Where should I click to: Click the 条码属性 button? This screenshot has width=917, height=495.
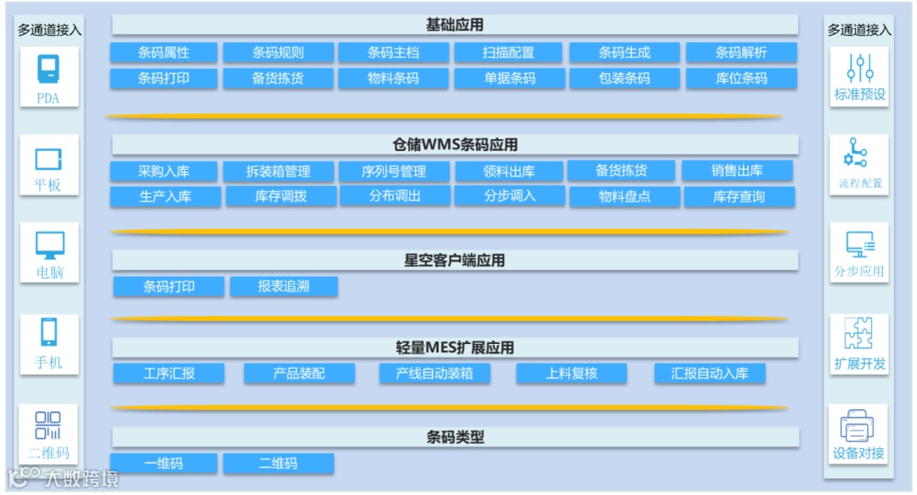pyautogui.click(x=164, y=53)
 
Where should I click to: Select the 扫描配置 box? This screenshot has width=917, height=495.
pyautogui.click(x=509, y=53)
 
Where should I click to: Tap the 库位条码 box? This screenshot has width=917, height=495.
pyautogui.click(x=740, y=79)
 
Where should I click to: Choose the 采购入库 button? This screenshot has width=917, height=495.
pyautogui.click(x=164, y=172)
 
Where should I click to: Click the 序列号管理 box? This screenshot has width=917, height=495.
pyautogui.click(x=394, y=172)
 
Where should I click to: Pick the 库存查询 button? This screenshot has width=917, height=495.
pyautogui.click(x=739, y=197)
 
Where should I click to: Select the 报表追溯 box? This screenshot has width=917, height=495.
pyautogui.click(x=284, y=287)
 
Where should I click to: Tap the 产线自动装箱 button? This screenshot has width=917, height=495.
pyautogui.click(x=434, y=374)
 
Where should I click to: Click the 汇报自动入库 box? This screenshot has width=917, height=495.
pyautogui.click(x=710, y=374)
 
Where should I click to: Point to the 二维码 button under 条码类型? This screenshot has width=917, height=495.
pyautogui.click(x=278, y=464)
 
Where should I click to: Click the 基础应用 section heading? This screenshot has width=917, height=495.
pyautogui.click(x=455, y=25)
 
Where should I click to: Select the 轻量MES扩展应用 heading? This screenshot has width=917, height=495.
pyautogui.click(x=455, y=348)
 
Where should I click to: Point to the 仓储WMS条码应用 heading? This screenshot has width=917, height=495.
pyautogui.click(x=455, y=145)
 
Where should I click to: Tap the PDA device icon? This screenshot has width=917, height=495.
pyautogui.click(x=48, y=70)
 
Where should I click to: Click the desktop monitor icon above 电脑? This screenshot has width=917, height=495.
pyautogui.click(x=48, y=245)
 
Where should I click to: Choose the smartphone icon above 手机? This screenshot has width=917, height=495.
pyautogui.click(x=48, y=333)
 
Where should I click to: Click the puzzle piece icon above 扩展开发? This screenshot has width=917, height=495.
pyautogui.click(x=859, y=334)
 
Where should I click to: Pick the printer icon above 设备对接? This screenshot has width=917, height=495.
pyautogui.click(x=858, y=425)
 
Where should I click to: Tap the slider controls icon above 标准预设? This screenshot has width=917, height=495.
pyautogui.click(x=859, y=68)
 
